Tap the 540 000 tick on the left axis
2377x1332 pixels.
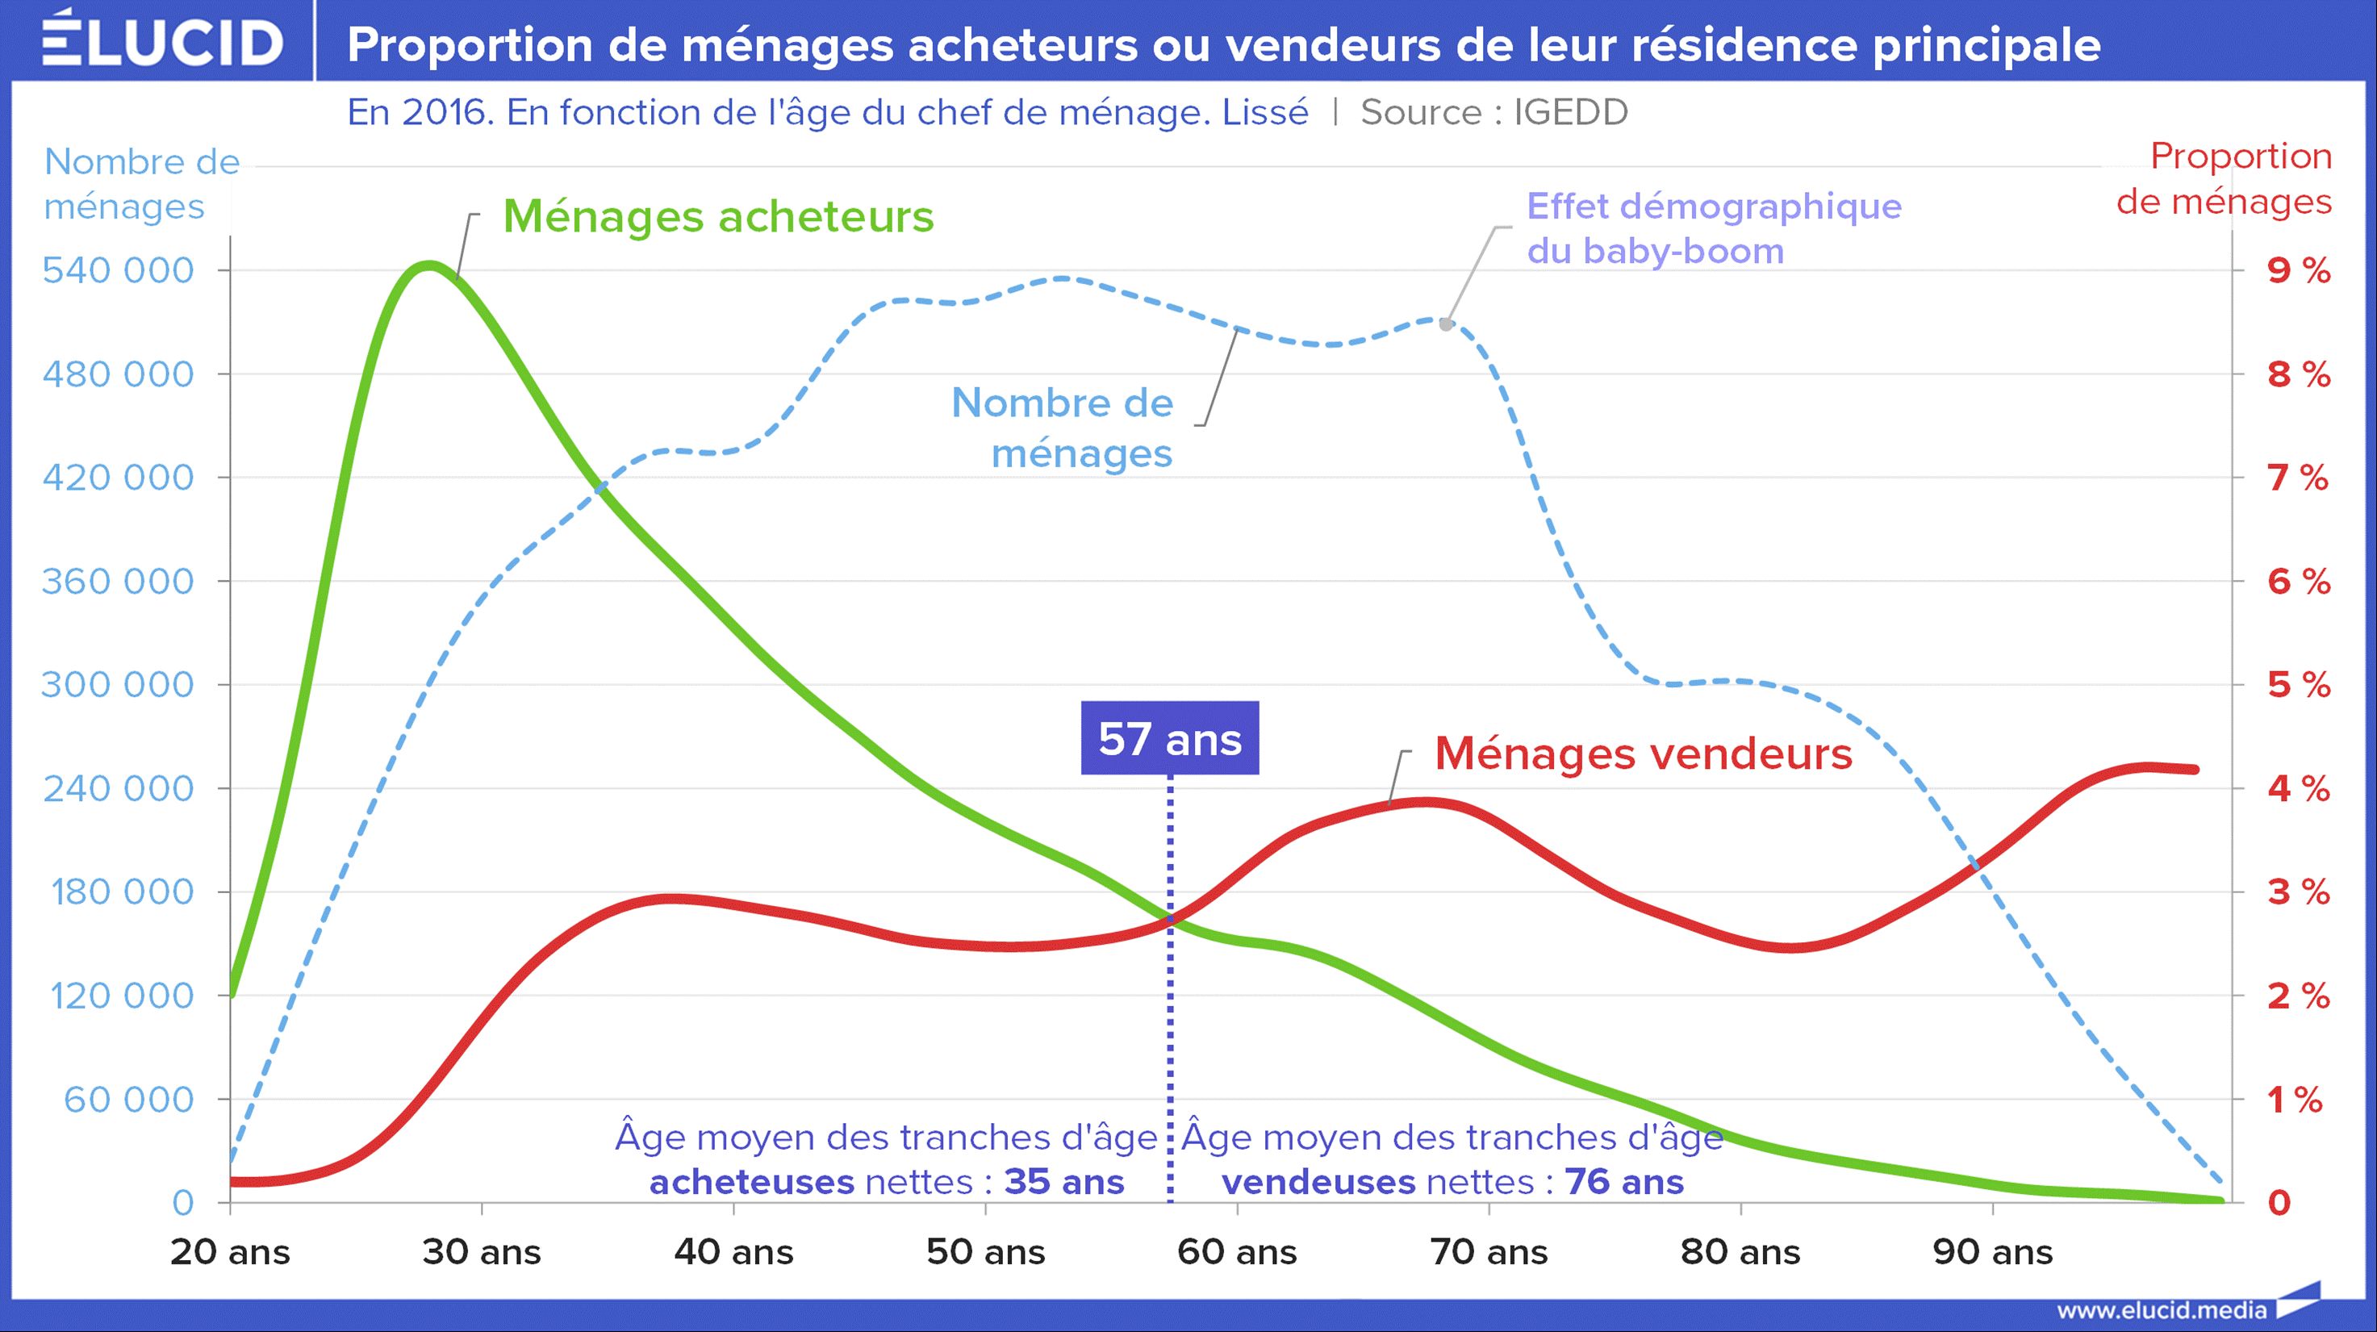118,270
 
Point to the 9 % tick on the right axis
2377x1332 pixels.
2299,270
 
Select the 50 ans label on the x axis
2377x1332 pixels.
985,1252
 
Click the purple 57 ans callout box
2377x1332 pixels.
1169,739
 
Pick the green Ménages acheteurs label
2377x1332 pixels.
718,217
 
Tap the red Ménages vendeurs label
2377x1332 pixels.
1644,754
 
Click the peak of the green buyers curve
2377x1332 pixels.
428,265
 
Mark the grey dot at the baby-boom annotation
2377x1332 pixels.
1446,324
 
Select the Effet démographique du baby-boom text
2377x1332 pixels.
1714,228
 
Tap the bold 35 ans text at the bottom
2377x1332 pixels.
1064,1182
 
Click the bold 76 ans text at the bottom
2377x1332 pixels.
1624,1182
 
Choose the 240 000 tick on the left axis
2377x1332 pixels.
118,789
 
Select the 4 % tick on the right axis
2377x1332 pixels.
2299,789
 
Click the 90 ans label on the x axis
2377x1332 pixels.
1993,1252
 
